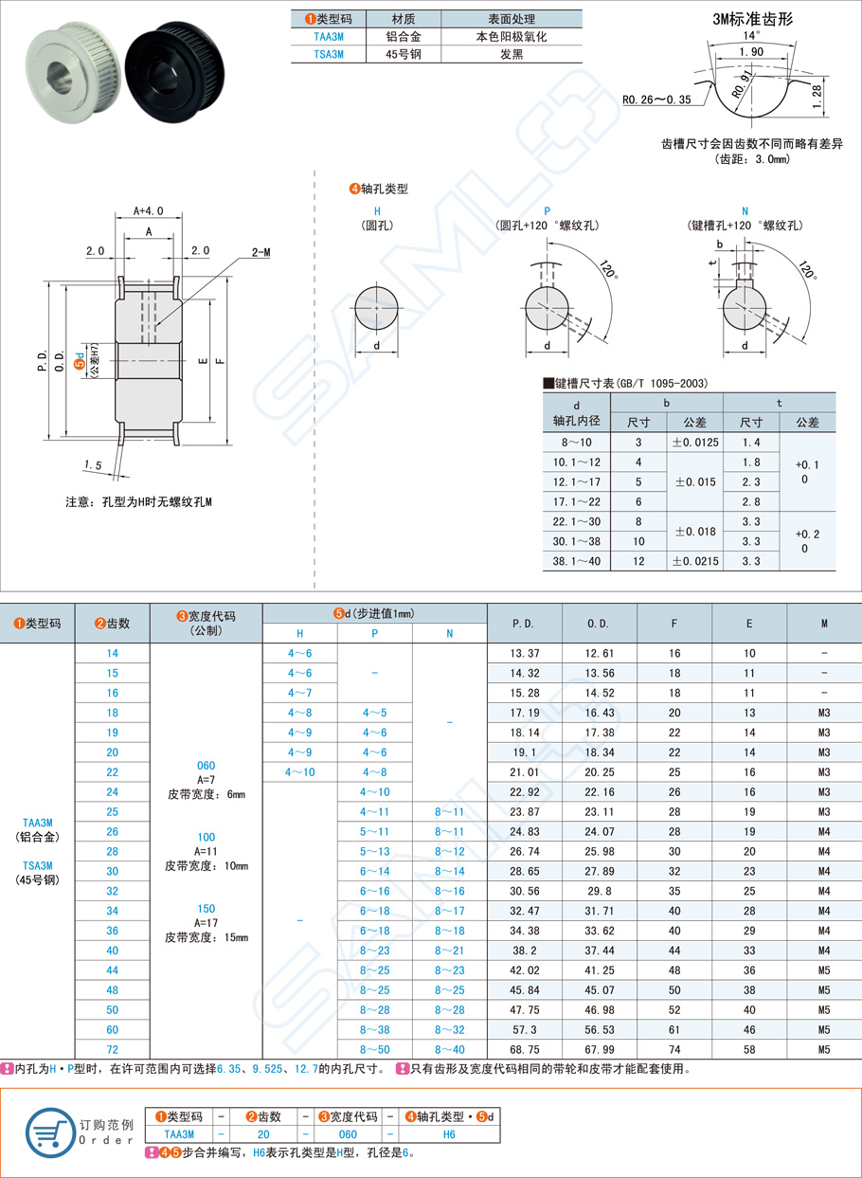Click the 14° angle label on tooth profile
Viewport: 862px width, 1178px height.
pos(752,35)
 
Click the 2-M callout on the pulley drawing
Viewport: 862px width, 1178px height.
pos(260,253)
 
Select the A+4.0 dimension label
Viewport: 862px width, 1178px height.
pos(149,210)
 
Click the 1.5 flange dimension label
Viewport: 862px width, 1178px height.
pos(92,465)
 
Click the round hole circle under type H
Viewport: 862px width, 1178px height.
pos(376,309)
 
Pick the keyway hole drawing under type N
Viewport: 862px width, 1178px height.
pos(745,308)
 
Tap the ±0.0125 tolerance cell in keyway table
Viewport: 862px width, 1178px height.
pos(694,442)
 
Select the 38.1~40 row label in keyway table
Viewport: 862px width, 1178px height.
pos(577,561)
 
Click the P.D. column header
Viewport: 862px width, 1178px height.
pos(523,624)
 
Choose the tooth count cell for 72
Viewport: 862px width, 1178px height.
pos(113,1049)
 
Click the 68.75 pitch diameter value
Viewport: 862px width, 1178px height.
pos(523,1049)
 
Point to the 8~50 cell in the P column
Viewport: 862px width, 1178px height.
pos(375,1049)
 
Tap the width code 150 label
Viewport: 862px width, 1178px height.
pos(207,907)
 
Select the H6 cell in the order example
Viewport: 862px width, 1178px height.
pos(449,1133)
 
